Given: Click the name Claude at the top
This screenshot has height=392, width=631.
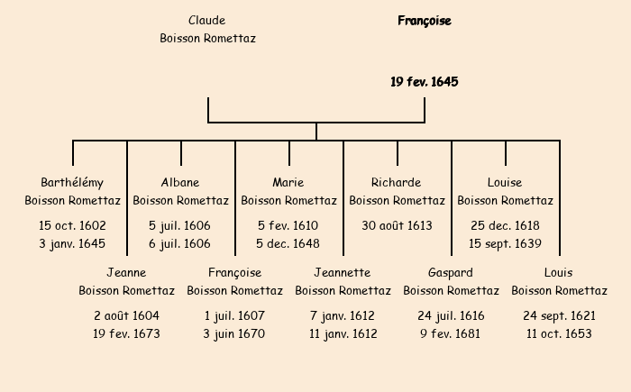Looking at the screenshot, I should coord(207,21).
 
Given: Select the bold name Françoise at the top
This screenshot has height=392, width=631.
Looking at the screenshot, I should coord(425,21).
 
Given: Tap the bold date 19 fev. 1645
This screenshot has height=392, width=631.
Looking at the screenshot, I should coord(425,82).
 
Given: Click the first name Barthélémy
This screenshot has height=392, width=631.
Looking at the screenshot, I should coord(73,183).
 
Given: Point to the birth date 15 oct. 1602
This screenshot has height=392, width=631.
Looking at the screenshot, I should coord(73,225).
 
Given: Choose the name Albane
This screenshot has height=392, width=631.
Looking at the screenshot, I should coord(180,183).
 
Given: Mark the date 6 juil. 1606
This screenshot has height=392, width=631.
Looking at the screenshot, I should coord(180,243).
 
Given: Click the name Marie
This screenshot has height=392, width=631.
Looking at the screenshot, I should coord(288,183).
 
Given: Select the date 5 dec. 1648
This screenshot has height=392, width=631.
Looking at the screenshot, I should coord(288,243).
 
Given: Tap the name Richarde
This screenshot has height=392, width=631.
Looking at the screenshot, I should coord(397,183).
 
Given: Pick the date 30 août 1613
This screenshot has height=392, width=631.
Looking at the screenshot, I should coord(397,225).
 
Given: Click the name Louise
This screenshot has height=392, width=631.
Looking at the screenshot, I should coord(505,183).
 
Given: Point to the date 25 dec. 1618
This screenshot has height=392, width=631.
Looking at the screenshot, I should coord(505,225).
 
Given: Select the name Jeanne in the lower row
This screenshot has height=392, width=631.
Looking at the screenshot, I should coord(126,273).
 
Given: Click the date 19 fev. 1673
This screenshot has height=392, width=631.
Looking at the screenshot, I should coord(126,333).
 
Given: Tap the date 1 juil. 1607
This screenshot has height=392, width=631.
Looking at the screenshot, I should coord(234,315).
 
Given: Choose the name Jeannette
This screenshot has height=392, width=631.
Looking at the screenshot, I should coord(343,273).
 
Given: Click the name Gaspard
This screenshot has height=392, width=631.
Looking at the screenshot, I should coord(451,273).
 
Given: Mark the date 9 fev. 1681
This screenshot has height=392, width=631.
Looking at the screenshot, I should coord(451,333).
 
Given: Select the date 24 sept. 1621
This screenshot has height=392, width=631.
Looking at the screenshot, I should coord(559,315).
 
